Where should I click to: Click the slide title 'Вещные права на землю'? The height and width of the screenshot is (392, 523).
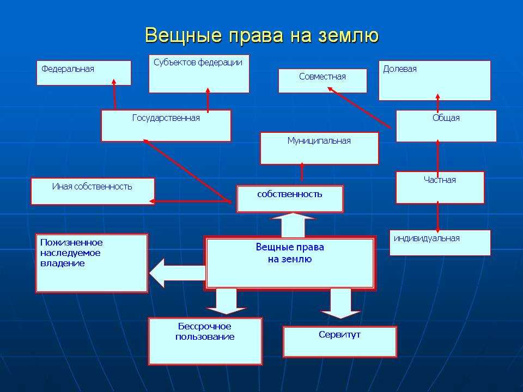(261, 36)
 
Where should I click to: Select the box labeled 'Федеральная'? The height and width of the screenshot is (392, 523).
(84, 73)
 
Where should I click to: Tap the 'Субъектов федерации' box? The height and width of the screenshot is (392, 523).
(199, 73)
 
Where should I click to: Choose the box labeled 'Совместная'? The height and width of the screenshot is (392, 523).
(323, 81)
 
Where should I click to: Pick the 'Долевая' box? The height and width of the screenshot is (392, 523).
(434, 80)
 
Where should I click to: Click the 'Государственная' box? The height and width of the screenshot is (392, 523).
(166, 125)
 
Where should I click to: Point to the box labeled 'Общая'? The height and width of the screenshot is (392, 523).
(446, 126)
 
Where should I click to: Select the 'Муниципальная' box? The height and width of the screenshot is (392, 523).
(319, 148)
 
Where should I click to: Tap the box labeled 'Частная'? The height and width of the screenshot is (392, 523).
(440, 187)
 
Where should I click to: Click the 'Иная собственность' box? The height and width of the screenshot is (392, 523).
(93, 191)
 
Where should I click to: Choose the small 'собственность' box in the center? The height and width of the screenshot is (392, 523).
(290, 199)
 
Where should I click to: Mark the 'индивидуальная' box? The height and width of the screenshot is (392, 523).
(440, 243)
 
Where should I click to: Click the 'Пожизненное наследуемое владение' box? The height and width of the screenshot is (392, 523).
(92, 263)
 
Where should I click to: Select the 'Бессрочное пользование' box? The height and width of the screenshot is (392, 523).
(205, 341)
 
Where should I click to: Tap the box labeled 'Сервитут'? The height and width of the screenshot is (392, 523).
(340, 341)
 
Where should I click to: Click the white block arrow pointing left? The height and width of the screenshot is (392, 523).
(175, 273)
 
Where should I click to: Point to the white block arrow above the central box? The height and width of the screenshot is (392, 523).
(293, 224)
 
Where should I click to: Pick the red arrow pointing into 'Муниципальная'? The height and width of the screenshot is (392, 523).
(302, 173)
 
